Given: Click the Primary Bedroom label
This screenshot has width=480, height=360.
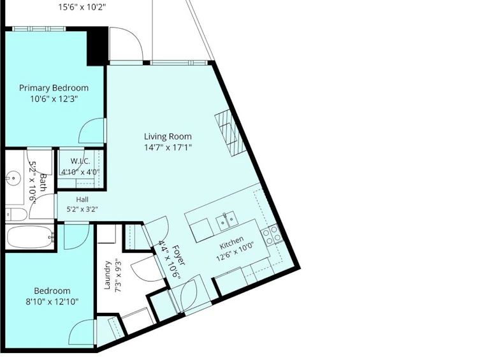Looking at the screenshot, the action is (54, 88).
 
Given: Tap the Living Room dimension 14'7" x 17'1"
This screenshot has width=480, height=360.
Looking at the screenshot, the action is (168, 148).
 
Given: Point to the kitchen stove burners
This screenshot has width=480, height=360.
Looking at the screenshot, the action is (272, 234).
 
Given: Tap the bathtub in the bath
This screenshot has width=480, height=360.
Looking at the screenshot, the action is (30, 236).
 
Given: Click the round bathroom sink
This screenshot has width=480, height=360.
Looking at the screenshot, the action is (13, 178).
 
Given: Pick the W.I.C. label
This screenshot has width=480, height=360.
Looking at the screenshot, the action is (80, 161).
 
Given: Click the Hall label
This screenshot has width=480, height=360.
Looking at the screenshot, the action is (82, 199).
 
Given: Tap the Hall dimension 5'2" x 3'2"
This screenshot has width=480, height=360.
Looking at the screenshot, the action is (82, 210).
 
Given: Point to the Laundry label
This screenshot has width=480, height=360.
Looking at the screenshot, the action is (107, 275).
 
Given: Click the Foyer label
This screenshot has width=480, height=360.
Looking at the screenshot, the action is (178, 256).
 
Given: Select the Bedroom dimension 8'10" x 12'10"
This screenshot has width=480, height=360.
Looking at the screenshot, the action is (52, 302).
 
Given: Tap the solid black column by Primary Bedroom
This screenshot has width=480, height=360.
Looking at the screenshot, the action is (98, 46).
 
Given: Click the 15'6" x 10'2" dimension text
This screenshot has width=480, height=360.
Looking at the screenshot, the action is (82, 7).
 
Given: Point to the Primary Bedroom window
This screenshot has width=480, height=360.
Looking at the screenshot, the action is (39, 29).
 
